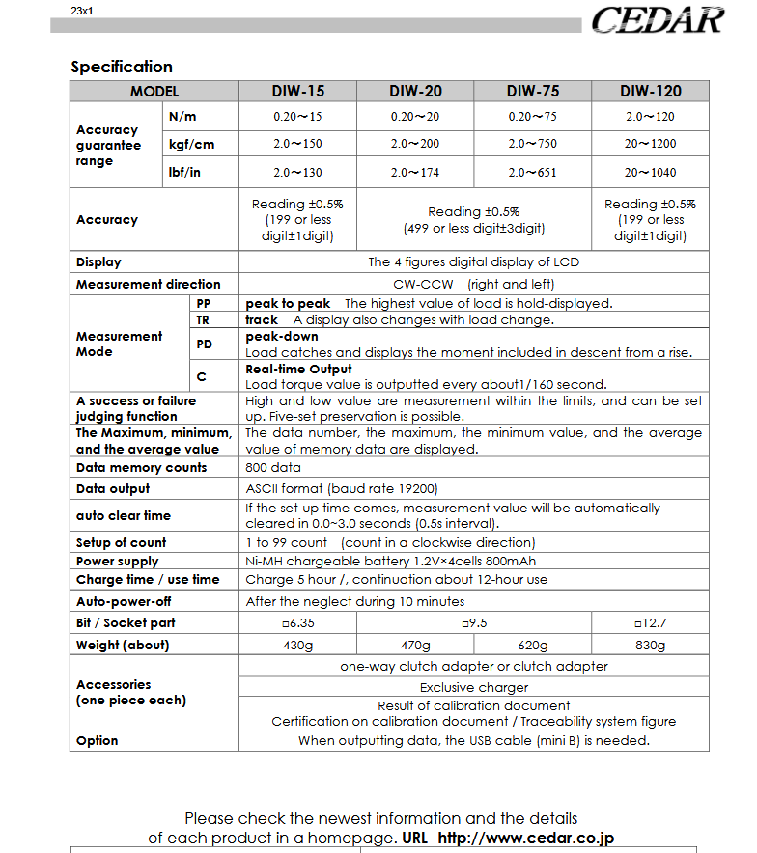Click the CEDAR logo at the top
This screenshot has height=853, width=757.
pyautogui.click(x=658, y=19)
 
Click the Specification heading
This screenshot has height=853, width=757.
pyautogui.click(x=122, y=67)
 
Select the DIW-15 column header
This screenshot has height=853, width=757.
pyautogui.click(x=297, y=92)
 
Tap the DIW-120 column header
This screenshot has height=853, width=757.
pyautogui.click(x=650, y=92)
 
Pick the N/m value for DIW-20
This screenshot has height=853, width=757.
pyautogui.click(x=415, y=117)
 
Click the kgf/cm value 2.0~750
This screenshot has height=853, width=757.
pyautogui.click(x=532, y=144)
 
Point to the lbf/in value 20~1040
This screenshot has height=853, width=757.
pyautogui.click(x=650, y=173)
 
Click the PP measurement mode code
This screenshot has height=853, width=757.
pyautogui.click(x=203, y=303)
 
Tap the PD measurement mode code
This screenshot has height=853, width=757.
pyautogui.click(x=203, y=343)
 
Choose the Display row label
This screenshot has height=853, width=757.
pyautogui.click(x=98, y=261)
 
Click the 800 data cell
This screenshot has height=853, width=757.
pyautogui.click(x=273, y=468)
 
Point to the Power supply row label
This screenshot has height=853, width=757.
pyautogui.click(x=117, y=561)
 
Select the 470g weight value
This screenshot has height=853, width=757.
pyautogui.click(x=415, y=646)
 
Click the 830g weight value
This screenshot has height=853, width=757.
pyautogui.click(x=650, y=646)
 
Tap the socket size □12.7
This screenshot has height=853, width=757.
pyautogui.click(x=650, y=623)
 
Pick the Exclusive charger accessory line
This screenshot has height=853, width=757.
pyautogui.click(x=474, y=688)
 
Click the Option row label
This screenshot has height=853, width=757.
pyautogui.click(x=97, y=741)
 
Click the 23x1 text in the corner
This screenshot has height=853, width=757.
pyautogui.click(x=82, y=12)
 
